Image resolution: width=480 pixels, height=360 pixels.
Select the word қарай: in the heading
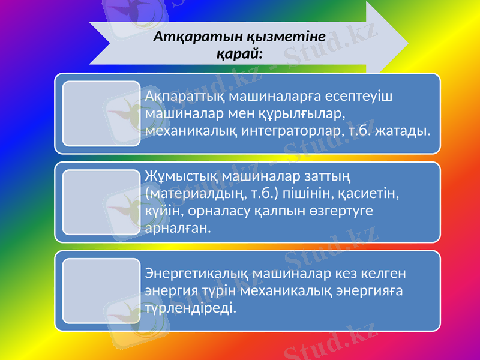click(x=239, y=53)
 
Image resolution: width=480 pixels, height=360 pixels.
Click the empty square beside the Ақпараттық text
click(x=101, y=114)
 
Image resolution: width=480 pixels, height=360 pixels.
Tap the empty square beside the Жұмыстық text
click(x=101, y=202)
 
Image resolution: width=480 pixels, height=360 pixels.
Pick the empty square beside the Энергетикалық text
click(x=101, y=291)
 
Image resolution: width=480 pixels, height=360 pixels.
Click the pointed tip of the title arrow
click(x=407, y=42)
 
